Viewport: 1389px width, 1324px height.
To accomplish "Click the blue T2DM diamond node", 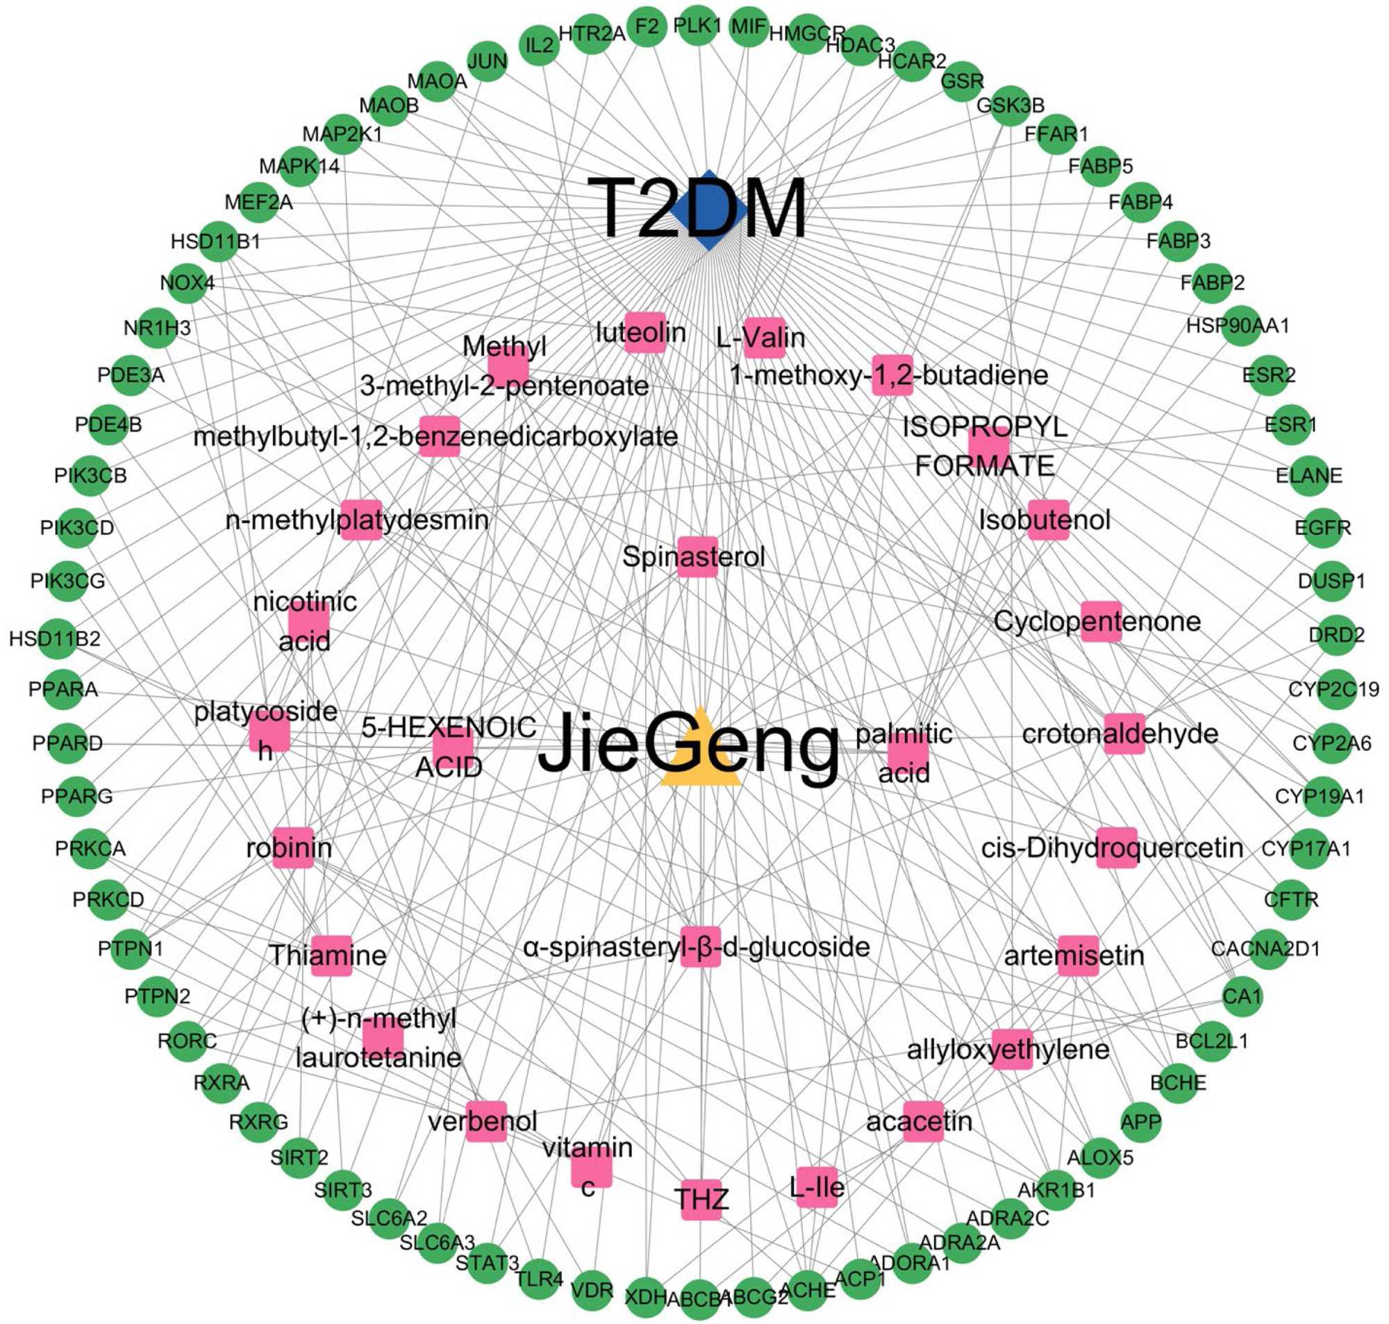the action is pos(708,210).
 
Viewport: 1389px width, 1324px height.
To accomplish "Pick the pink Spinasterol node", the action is pos(697,557).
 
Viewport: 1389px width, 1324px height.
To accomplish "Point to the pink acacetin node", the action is pos(923,1121).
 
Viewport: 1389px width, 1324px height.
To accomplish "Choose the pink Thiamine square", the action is pos(331,956).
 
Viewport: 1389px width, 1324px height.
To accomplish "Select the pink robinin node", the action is pos(292,847).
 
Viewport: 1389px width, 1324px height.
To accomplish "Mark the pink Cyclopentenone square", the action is pos(1101,622).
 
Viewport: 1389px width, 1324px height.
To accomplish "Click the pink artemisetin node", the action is pos(1078,956).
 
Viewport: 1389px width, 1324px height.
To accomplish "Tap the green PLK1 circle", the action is pos(697,27).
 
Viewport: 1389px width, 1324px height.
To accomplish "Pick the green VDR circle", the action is pos(592,1290).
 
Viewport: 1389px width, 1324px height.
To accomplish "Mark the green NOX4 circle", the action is pos(187,283).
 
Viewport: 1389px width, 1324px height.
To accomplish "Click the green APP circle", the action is pos(1140,1121).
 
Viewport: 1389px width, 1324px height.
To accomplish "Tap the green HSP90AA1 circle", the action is pos(1240,325).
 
